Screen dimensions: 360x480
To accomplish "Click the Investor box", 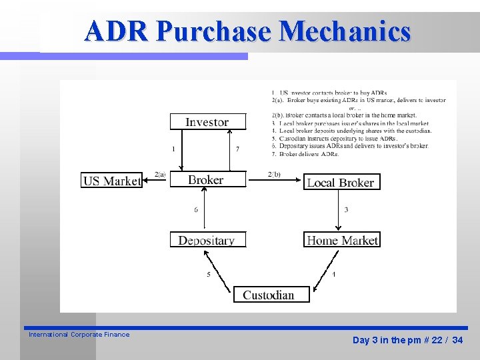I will (x=207, y=122).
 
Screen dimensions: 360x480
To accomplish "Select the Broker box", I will (x=207, y=180).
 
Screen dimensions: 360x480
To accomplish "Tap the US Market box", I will (x=112, y=181).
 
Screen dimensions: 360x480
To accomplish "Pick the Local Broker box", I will (x=341, y=183).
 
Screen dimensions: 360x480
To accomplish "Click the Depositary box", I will (x=207, y=240).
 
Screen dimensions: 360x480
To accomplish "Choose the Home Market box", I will (x=342, y=240).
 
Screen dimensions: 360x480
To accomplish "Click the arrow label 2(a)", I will (x=160, y=174).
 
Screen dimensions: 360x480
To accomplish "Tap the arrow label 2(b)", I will (x=274, y=175).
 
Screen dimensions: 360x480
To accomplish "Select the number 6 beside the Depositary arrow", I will (x=196, y=210).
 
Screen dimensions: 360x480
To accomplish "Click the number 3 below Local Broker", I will (x=346, y=210).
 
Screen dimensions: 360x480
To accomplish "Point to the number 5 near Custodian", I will (x=209, y=274).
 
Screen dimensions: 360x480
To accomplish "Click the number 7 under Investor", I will (x=237, y=149).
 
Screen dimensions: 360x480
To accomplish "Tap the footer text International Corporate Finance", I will (x=79, y=335).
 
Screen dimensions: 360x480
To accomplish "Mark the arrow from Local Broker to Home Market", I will (x=337, y=211).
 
